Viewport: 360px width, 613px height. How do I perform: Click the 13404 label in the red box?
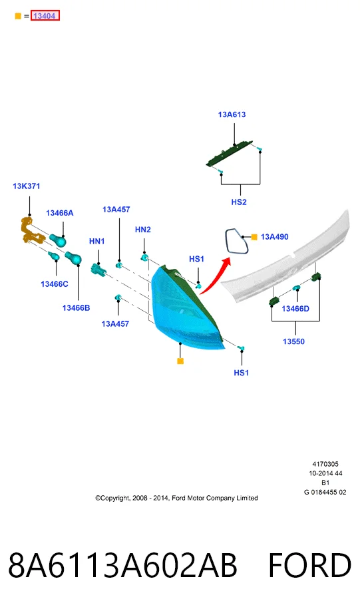pyautogui.click(x=45, y=16)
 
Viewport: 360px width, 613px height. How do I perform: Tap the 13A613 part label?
pyautogui.click(x=232, y=114)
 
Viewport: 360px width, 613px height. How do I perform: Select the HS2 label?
pyautogui.click(x=239, y=202)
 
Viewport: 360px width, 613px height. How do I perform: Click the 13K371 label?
pyautogui.click(x=26, y=186)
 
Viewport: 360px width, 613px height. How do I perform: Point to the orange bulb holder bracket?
pyautogui.click(x=30, y=232)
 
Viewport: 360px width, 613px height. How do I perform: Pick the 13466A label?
pyautogui.click(x=59, y=213)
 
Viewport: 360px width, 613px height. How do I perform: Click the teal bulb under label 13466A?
pyautogui.click(x=59, y=240)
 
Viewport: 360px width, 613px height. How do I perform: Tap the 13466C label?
pyautogui.click(x=55, y=284)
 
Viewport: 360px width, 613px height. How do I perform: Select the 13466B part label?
pyautogui.click(x=76, y=308)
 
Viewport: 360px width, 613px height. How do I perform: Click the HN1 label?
pyautogui.click(x=96, y=241)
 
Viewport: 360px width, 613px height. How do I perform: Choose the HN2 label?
pyautogui.click(x=142, y=230)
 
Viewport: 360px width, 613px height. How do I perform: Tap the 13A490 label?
pyautogui.click(x=274, y=236)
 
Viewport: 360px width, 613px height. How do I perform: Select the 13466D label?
pyautogui.click(x=295, y=309)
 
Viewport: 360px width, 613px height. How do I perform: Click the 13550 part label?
pyautogui.click(x=293, y=341)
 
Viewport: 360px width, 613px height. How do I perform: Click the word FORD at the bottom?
pyautogui.click(x=309, y=565)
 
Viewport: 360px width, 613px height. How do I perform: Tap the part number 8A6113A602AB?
pyautogui.click(x=122, y=565)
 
